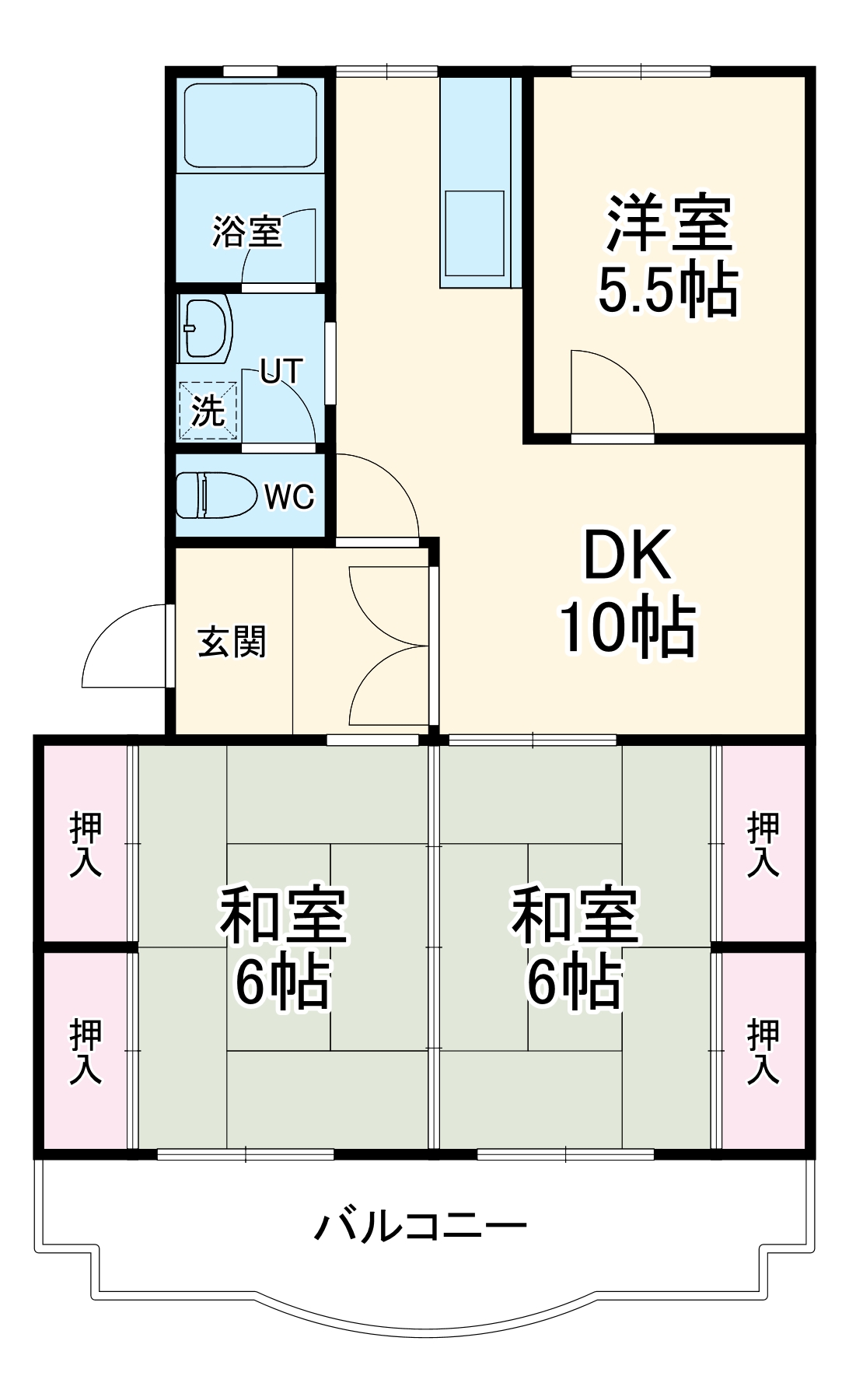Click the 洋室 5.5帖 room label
pyautogui.click(x=669, y=257)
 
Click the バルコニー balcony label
pyautogui.click(x=421, y=1227)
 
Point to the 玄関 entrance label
pyautogui.click(x=232, y=642)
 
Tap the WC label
pyautogui.click(x=289, y=496)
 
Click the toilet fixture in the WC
pyautogui.click(x=215, y=495)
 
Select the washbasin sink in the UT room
pyautogui.click(x=205, y=328)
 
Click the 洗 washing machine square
pyautogui.click(x=208, y=411)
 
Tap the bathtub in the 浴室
pyautogui.click(x=250, y=125)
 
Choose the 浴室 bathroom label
pyautogui.click(x=247, y=231)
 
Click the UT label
pyautogui.click(x=281, y=372)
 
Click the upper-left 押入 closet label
pyautogui.click(x=86, y=845)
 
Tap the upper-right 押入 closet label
pyautogui.click(x=763, y=845)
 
